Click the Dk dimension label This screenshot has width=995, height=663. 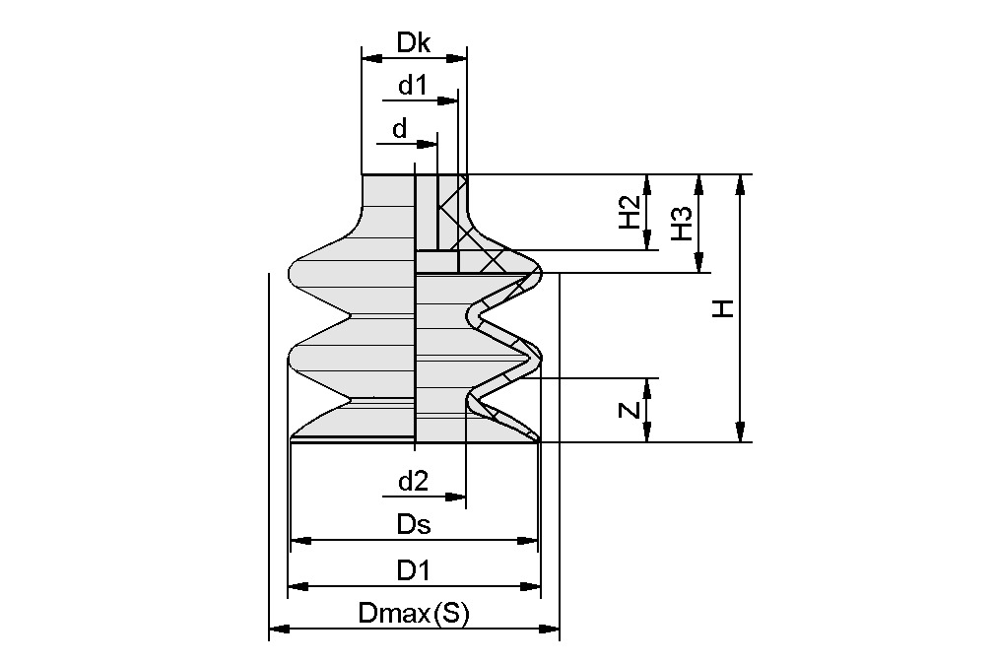pos(414,42)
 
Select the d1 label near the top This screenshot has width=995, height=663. pos(413,86)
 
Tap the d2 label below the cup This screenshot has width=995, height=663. pos(413,482)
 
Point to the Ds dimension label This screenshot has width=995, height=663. pos(414,525)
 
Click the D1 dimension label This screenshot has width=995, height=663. pos(414,570)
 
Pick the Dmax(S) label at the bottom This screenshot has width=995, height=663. pos(414,614)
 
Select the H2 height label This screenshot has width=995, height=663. pos(630,212)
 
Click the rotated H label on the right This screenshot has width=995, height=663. pos(725,308)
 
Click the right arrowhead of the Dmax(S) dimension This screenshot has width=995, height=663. pos(552,628)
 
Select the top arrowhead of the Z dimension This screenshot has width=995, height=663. pos(647,385)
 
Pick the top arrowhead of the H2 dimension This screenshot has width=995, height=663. pos(647,182)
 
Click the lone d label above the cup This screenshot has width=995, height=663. pos(399,129)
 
